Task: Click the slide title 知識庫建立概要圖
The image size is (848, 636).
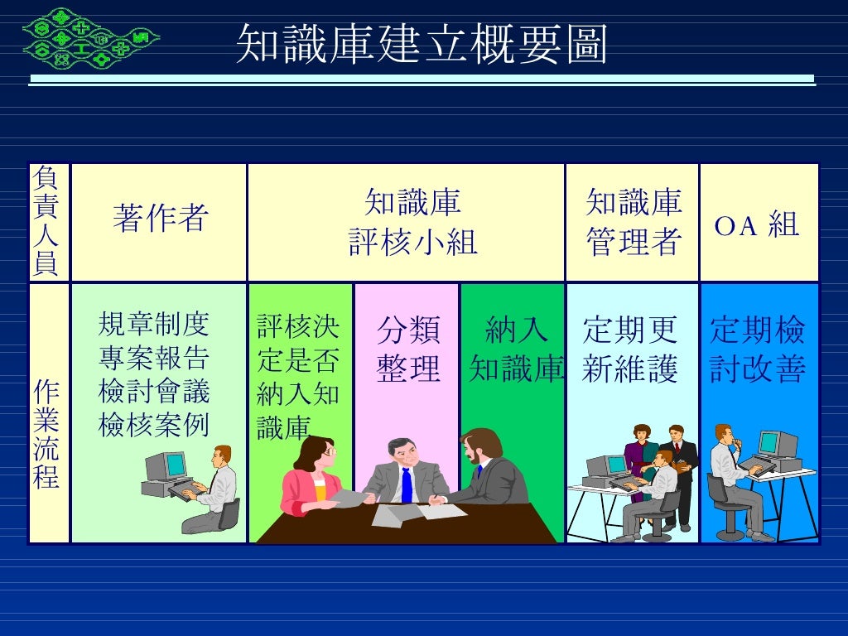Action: (x=422, y=44)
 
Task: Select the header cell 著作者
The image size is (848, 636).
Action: (x=159, y=220)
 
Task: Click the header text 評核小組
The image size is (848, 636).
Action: (x=412, y=243)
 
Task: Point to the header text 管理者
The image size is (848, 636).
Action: (x=634, y=243)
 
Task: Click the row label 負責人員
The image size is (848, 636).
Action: (x=47, y=221)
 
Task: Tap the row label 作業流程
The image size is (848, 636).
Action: (x=47, y=434)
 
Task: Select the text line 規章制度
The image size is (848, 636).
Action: (x=154, y=324)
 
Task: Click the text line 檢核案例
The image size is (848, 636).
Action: (x=154, y=425)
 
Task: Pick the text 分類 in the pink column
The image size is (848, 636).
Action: (x=408, y=330)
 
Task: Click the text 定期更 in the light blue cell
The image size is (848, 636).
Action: (x=630, y=330)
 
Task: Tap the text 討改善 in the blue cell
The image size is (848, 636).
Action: (x=758, y=369)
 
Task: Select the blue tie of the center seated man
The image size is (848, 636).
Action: (x=407, y=484)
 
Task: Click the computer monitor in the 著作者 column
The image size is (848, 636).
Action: (x=165, y=466)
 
